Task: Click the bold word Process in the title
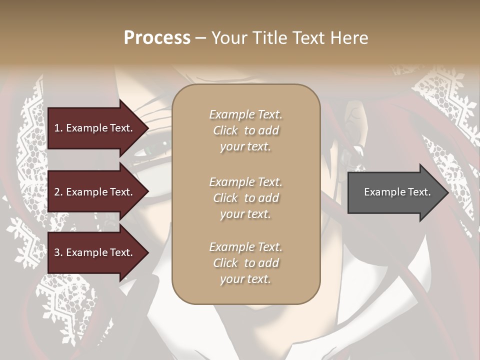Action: pos(157,38)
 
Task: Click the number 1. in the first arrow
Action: pos(58,128)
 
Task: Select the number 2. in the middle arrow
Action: pos(58,192)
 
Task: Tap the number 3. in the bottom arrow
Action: pos(58,252)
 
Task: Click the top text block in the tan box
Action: pos(245,130)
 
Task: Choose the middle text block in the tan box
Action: pos(245,198)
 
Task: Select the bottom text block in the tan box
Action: pos(245,263)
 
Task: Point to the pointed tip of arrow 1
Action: pos(148,128)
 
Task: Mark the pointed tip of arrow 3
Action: pos(148,252)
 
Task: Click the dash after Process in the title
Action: pos(201,38)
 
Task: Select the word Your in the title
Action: pos(228,38)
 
